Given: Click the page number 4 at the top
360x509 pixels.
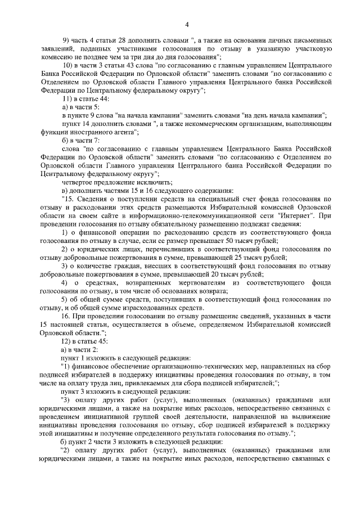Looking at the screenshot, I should point(186,24).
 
